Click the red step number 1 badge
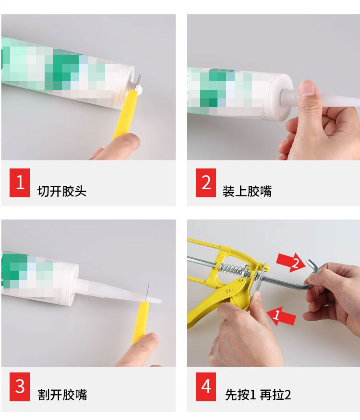coord(20,183)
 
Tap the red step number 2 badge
coord(206,183)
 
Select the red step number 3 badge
coord(20,386)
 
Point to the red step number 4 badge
coord(206,386)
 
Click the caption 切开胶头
coord(62,191)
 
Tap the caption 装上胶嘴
coord(247,191)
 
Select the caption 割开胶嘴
coord(62,395)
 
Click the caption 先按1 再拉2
coord(258,395)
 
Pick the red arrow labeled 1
coord(281,316)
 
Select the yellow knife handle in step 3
coord(140,322)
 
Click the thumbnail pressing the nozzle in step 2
coord(306,88)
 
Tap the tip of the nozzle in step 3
coord(160,301)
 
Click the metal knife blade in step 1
coord(138,81)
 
